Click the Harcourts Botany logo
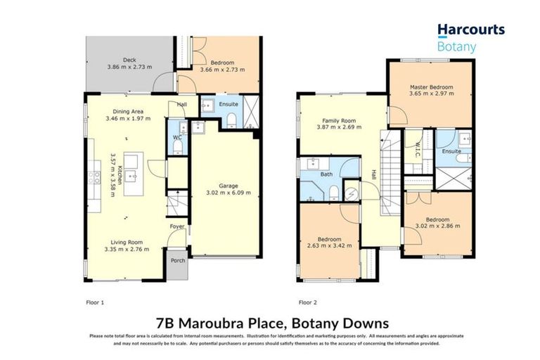(470, 38)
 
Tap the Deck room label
(128, 60)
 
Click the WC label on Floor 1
(178, 137)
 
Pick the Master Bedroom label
(431, 87)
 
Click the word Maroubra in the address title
(229, 323)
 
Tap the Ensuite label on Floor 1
(229, 105)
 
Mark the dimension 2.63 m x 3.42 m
(329, 245)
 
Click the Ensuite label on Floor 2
(451, 151)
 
